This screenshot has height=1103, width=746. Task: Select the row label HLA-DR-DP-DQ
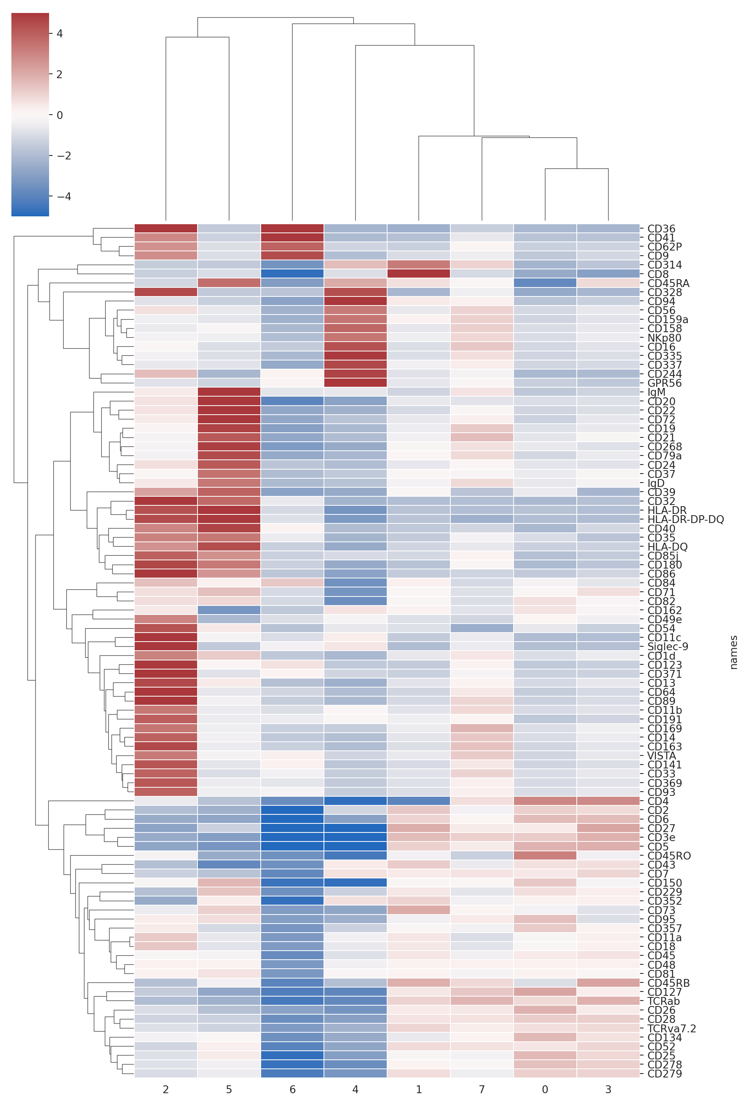(x=685, y=519)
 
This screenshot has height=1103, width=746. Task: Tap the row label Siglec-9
(x=667, y=646)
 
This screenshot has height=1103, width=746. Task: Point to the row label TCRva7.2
(x=671, y=1028)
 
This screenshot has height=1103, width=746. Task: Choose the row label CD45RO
(x=669, y=856)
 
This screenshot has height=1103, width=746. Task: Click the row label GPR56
(x=664, y=383)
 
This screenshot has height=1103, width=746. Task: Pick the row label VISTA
(x=662, y=755)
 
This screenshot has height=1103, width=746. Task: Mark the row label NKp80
(x=664, y=338)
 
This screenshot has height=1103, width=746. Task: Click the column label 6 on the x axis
(x=293, y=1089)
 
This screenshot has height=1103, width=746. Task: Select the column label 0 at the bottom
(x=545, y=1089)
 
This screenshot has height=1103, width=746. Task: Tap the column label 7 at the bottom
(x=482, y=1089)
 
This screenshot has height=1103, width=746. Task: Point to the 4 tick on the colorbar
(x=59, y=34)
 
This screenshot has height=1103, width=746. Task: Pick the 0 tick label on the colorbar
(x=59, y=115)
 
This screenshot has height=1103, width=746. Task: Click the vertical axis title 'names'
(x=734, y=652)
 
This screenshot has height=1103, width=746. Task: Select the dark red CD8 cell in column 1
(x=419, y=274)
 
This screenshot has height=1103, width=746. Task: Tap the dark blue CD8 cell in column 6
(x=293, y=274)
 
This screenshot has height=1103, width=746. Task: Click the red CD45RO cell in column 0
(x=545, y=856)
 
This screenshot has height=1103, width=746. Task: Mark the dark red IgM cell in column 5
(x=229, y=392)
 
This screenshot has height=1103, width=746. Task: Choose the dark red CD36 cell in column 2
(x=166, y=229)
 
